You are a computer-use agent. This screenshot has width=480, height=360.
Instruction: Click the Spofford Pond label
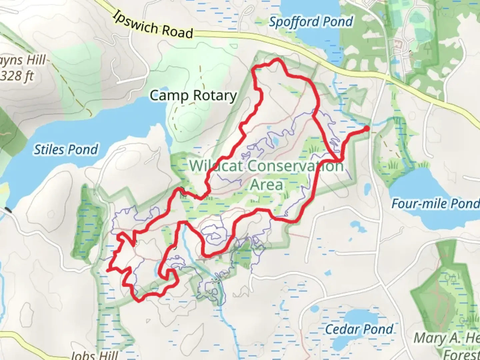[x=311, y=22]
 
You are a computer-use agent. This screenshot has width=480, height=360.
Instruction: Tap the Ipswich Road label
[x=153, y=25]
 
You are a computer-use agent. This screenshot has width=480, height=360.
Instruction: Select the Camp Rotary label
[x=193, y=96]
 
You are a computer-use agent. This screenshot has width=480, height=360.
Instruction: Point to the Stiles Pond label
[x=66, y=149]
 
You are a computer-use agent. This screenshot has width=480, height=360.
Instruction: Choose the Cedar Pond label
[x=359, y=329]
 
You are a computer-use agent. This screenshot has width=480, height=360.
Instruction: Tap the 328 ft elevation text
[x=17, y=76]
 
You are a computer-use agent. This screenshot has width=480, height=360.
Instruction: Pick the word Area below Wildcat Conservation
[x=266, y=184]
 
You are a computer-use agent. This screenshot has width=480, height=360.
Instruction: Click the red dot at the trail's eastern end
[x=367, y=128]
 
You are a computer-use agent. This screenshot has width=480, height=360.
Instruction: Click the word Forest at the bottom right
[x=461, y=354]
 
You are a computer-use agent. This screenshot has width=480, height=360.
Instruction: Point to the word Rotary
[x=215, y=96]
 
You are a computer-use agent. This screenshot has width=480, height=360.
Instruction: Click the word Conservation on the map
[x=296, y=166]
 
